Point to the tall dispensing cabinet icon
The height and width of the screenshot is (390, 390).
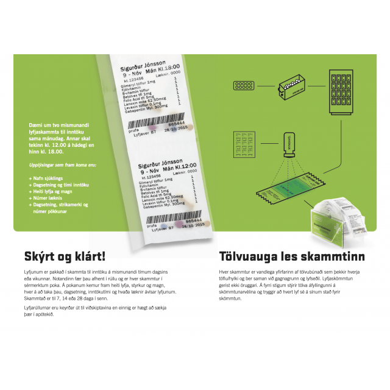341,92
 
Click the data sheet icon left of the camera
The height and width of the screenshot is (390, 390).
244,144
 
